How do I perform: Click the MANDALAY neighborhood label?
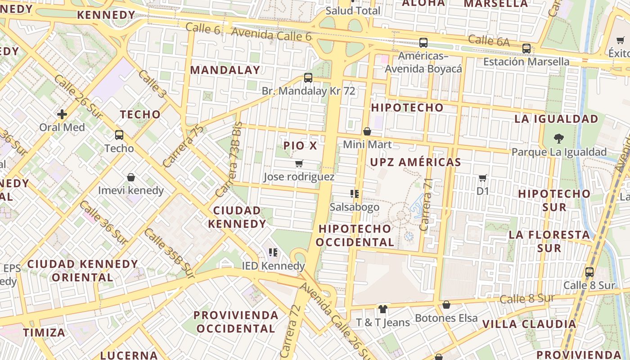(x=225, y=70)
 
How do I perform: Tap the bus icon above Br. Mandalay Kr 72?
(x=308, y=78)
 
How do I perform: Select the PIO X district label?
(x=300, y=146)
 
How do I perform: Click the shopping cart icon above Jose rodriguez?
(x=299, y=164)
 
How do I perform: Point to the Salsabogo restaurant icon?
(x=354, y=194)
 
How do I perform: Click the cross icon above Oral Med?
(x=62, y=114)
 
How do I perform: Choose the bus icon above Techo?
(x=119, y=135)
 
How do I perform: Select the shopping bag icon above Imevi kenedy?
(x=131, y=178)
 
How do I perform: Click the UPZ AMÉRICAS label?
(x=416, y=162)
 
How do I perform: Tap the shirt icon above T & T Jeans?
(x=382, y=309)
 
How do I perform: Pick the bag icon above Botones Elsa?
(x=446, y=305)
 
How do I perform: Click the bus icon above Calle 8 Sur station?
(x=589, y=272)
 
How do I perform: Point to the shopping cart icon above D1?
(x=483, y=178)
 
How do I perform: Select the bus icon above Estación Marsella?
(x=526, y=49)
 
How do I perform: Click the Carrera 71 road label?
(x=426, y=205)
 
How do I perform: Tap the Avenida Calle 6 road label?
(x=271, y=34)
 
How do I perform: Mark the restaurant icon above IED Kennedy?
(x=273, y=252)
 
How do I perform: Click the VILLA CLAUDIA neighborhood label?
(x=529, y=324)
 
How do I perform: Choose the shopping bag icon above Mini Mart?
(x=367, y=131)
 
